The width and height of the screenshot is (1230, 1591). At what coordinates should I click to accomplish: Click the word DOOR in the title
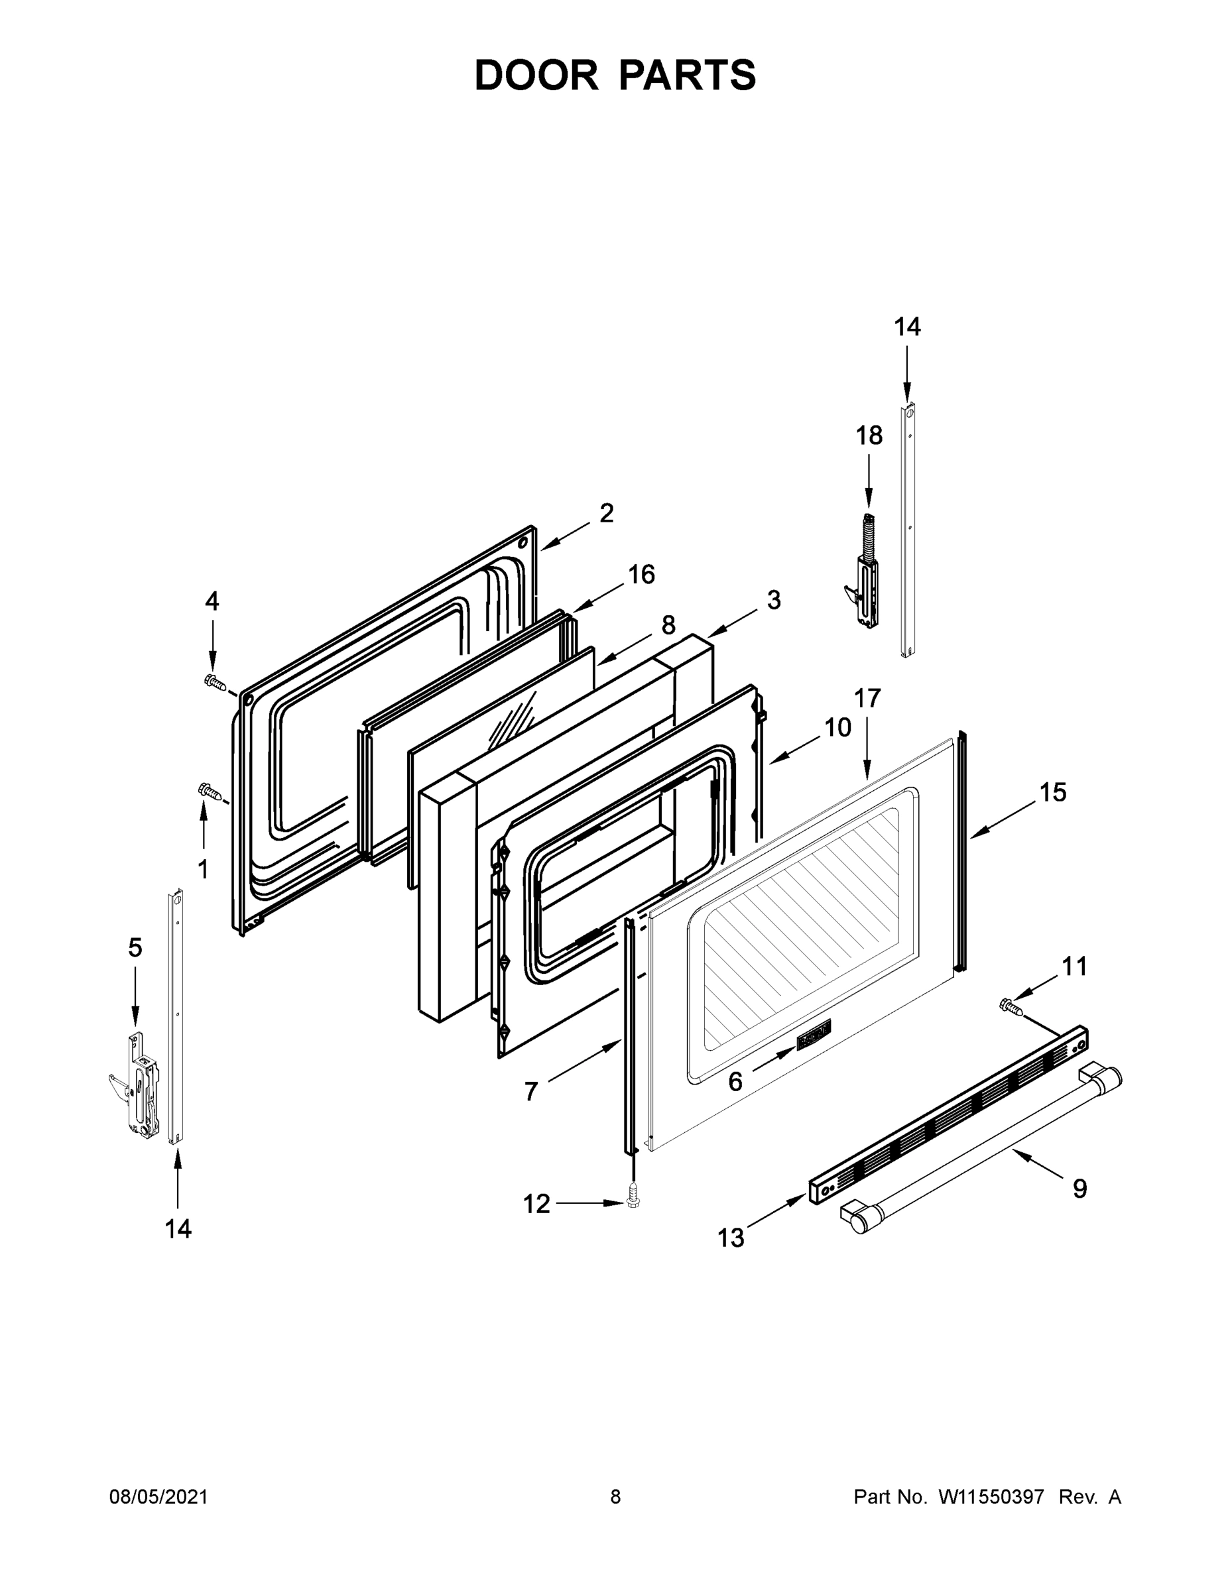click(536, 75)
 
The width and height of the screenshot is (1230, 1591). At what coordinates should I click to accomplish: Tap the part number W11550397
click(991, 1497)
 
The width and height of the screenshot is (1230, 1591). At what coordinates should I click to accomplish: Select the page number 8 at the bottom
click(615, 1497)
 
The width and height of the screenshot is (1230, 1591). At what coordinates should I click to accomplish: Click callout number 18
click(869, 436)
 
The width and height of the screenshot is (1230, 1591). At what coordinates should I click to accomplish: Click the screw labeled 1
click(208, 790)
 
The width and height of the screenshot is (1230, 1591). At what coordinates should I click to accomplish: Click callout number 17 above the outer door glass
click(867, 699)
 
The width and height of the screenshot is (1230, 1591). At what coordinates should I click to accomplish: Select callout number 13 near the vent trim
click(731, 1238)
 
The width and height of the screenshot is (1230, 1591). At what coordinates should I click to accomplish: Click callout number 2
click(606, 513)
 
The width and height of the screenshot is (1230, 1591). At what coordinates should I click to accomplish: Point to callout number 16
click(641, 575)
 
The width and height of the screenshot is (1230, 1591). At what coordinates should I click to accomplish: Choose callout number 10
click(838, 727)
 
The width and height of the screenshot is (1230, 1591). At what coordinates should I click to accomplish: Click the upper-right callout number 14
click(907, 327)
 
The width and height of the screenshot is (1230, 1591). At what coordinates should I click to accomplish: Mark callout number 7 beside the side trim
click(531, 1091)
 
